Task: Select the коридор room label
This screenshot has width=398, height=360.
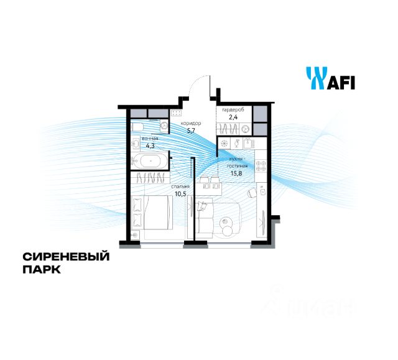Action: tap(191, 123)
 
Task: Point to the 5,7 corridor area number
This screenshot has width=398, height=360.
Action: tap(192, 131)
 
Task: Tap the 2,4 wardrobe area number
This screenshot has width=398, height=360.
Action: tap(233, 117)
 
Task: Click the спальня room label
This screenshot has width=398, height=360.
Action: tap(180, 185)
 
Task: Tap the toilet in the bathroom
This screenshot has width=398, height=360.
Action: tap(139, 127)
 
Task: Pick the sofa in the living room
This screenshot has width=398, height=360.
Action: tap(208, 217)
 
